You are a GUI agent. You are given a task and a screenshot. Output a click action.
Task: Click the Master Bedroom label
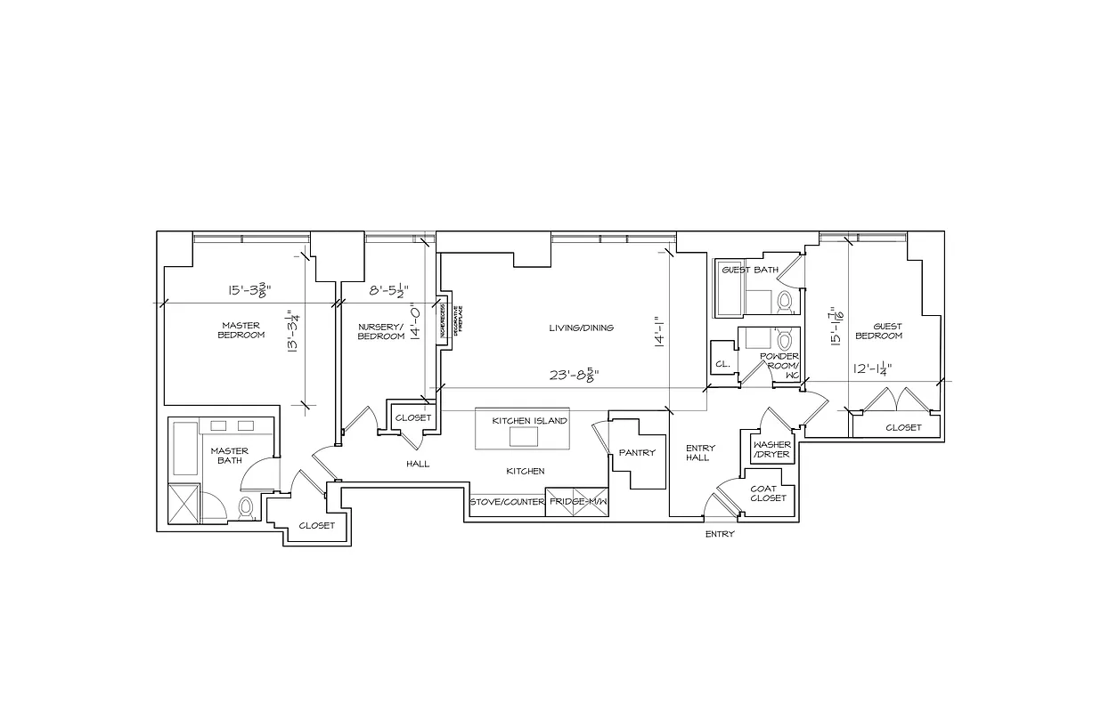(x=242, y=330)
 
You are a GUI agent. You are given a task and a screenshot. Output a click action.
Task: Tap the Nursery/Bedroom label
(x=380, y=331)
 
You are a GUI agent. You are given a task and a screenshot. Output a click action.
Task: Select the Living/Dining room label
(x=581, y=328)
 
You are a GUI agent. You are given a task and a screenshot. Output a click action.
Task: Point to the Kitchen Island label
(x=529, y=421)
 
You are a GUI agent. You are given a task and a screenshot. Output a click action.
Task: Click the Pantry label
(x=637, y=453)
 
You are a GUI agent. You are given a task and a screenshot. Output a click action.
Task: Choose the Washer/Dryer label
(x=771, y=449)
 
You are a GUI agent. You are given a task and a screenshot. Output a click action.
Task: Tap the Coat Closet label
(x=768, y=493)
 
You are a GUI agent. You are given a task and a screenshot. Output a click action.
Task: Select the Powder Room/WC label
(x=779, y=365)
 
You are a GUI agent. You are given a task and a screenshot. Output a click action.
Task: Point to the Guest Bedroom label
(x=878, y=331)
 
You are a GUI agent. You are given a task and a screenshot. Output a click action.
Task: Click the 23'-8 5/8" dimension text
(x=573, y=375)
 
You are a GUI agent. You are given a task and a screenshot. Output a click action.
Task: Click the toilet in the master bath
(x=246, y=508)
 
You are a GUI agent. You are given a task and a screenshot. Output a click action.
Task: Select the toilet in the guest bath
(x=785, y=301)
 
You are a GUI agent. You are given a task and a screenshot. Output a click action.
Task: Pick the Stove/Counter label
(x=506, y=502)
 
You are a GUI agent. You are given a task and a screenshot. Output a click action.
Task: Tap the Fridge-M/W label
(x=577, y=502)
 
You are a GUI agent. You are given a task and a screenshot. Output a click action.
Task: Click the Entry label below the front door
(x=720, y=534)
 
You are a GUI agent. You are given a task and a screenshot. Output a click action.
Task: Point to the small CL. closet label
(x=722, y=364)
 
